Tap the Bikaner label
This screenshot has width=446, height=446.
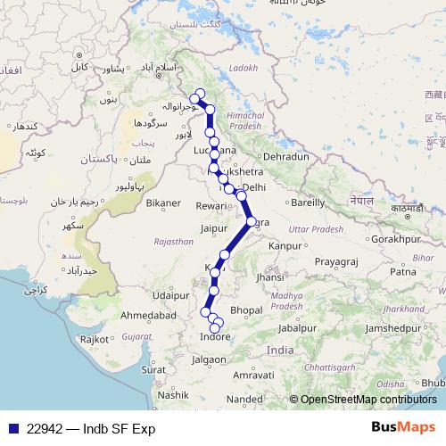point(163,203)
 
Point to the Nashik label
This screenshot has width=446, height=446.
point(172,393)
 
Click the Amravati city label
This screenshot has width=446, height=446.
point(252,376)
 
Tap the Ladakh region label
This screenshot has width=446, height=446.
point(242,68)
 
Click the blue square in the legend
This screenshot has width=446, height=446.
point(10,429)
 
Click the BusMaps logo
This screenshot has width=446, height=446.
point(404,428)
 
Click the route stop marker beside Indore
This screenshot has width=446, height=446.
point(214,327)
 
